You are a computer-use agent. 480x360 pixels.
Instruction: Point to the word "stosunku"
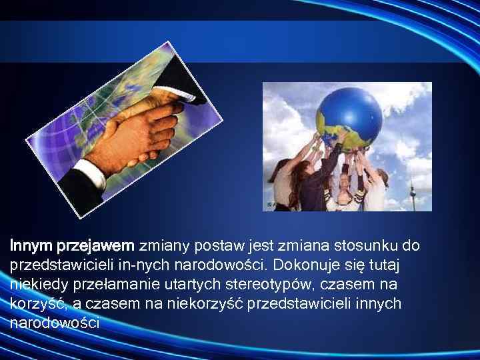tap(356, 246)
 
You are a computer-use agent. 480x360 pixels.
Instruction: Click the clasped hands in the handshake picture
tap(137, 133)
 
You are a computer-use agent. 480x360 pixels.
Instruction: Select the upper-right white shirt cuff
tap(190, 93)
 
